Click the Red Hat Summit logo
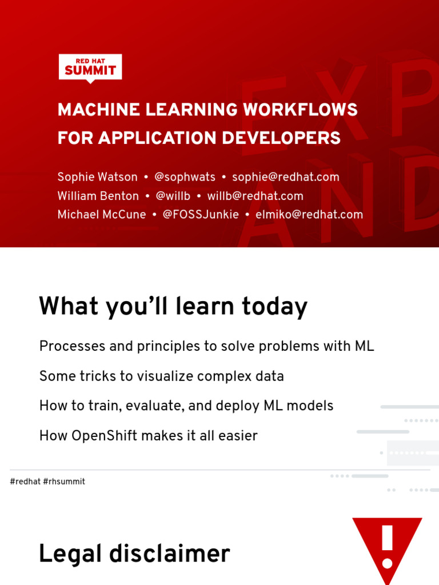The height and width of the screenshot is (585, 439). (90, 68)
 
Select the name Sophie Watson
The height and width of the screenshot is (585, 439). (97, 177)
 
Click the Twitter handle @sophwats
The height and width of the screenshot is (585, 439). (185, 177)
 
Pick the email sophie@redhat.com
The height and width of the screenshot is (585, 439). (285, 177)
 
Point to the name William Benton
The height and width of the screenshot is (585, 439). (98, 196)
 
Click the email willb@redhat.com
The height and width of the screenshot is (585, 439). (255, 196)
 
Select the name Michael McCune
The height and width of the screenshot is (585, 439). (102, 215)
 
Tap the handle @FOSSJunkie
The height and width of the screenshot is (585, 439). (201, 215)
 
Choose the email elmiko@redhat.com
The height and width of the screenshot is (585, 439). (309, 215)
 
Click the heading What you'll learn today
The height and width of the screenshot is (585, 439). (173, 307)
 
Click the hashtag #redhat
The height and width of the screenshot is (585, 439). (25, 482)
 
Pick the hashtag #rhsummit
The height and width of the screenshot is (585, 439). (64, 482)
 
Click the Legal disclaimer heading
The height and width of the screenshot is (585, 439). (134, 554)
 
